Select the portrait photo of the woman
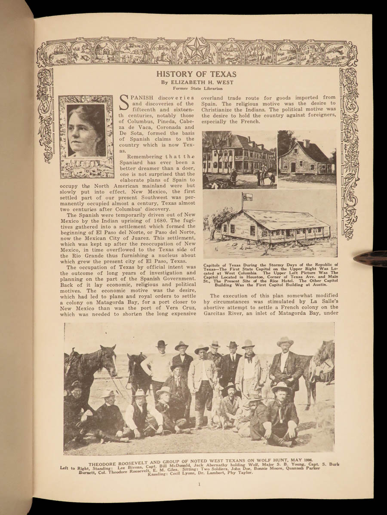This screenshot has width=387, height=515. coord(86,130)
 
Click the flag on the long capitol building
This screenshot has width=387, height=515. coord(247,198)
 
